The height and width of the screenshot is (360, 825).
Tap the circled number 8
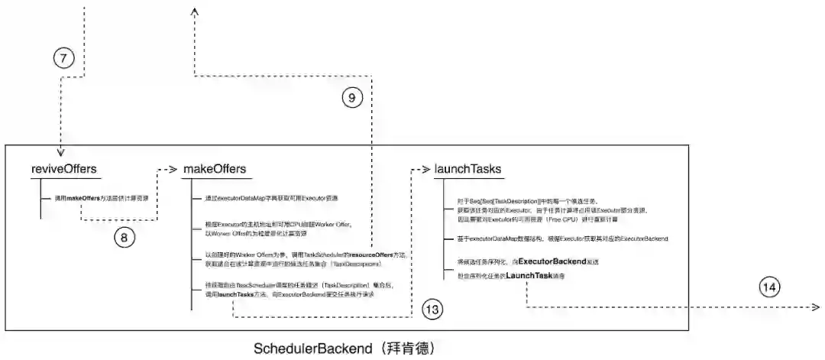coord(125,238)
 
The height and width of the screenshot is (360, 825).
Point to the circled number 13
coord(432,309)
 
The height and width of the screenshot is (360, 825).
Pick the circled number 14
coord(769,287)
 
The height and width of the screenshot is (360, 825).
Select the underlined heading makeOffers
coord(215,168)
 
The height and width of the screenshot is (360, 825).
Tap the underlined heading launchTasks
coord(467,168)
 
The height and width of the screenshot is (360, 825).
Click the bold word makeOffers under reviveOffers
coord(84,198)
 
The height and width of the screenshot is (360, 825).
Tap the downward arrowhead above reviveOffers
coord(60,152)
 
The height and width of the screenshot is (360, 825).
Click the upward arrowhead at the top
coord(196,11)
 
